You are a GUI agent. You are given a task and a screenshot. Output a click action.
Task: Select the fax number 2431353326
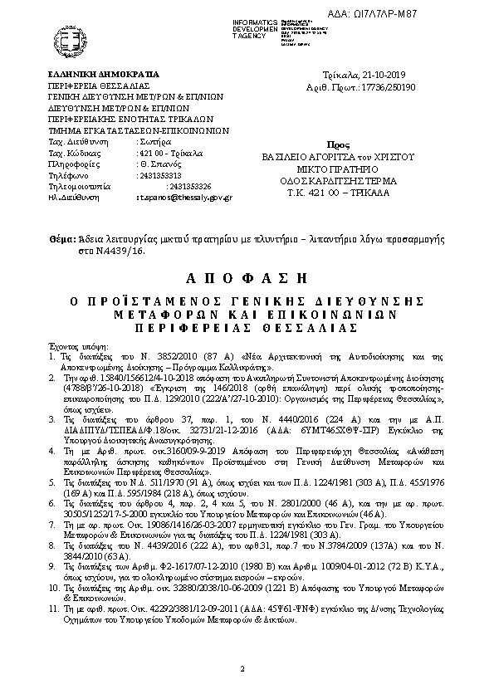[x=189, y=187]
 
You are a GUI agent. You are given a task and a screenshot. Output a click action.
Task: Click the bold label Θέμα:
[x=61, y=239]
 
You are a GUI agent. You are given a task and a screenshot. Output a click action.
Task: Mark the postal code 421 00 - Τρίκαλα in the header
[x=166, y=154]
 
